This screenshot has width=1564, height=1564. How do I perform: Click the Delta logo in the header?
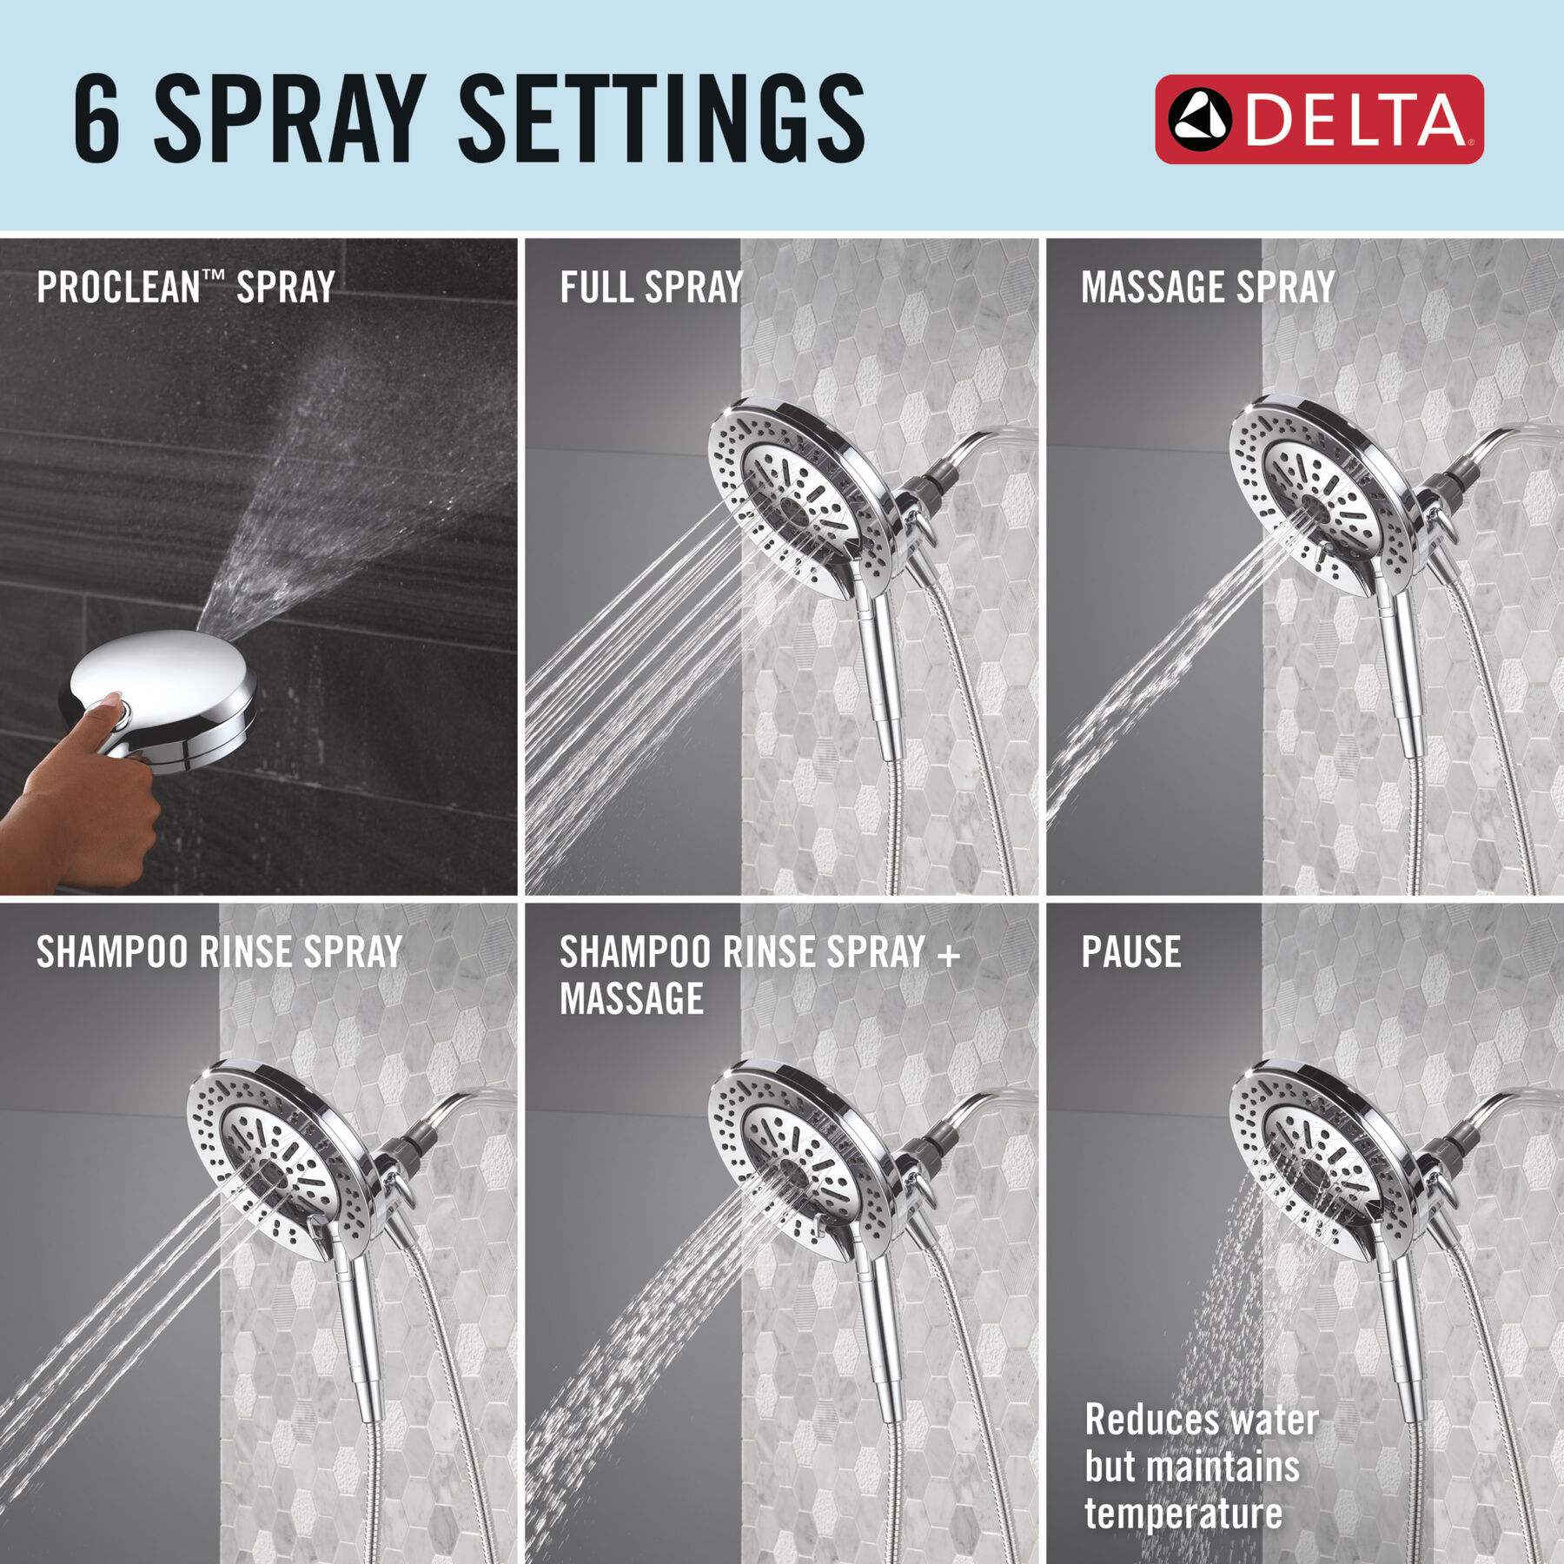pos(1319,119)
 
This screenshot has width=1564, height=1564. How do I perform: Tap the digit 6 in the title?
pos(96,119)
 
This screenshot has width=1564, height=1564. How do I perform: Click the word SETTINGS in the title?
pos(661,118)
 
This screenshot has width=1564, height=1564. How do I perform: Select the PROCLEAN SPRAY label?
pos(186,288)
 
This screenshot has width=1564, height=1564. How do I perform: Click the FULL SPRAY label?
pos(652,288)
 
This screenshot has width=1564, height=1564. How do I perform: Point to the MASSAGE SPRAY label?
pos(1208,288)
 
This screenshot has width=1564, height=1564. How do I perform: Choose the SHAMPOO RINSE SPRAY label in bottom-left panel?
pos(220,952)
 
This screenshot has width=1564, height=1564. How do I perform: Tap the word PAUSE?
pos(1131,952)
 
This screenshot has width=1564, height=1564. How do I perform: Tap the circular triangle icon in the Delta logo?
pos(1200,119)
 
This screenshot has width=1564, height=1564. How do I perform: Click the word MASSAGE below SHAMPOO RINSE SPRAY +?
pos(632,999)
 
